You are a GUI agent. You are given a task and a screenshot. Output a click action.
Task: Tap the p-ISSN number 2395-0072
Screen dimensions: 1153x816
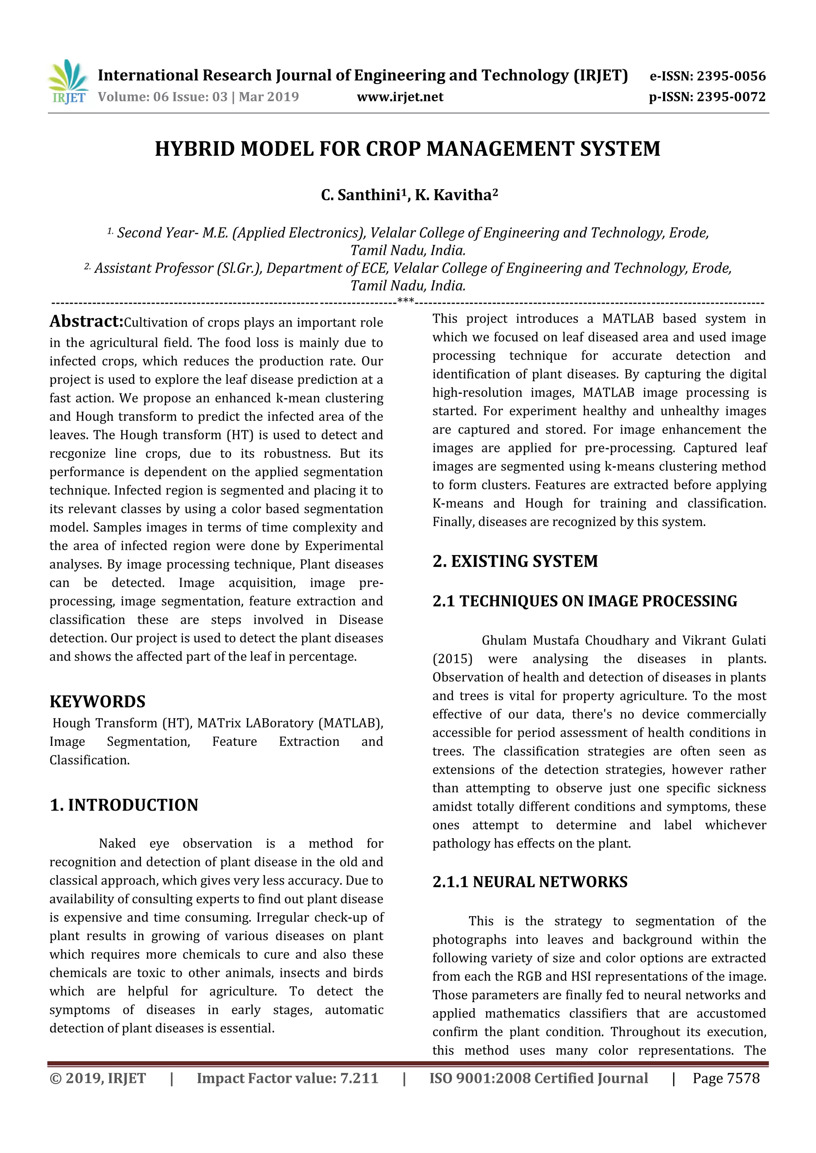click(731, 97)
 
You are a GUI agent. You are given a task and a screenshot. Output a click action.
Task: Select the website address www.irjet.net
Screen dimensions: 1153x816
click(400, 97)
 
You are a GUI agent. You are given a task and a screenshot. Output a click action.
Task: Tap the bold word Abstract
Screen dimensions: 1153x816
click(86, 321)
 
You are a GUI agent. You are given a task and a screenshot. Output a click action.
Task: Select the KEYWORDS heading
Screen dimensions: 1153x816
click(98, 702)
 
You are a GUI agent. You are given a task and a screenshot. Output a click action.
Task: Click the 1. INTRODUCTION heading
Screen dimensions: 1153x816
click(124, 805)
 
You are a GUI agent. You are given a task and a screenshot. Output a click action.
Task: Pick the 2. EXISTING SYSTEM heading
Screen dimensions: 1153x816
click(515, 561)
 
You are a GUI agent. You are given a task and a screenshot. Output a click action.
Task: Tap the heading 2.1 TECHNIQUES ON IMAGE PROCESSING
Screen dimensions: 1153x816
click(585, 601)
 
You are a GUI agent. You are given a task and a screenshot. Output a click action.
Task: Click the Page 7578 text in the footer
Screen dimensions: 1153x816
click(726, 1078)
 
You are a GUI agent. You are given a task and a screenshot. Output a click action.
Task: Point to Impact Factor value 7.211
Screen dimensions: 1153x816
click(287, 1078)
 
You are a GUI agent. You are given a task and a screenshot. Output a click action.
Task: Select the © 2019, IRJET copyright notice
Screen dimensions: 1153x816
click(98, 1078)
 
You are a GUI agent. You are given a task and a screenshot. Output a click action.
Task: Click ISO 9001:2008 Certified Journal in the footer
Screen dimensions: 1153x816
click(538, 1078)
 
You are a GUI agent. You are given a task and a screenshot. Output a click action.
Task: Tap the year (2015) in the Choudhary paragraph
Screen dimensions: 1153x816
click(452, 659)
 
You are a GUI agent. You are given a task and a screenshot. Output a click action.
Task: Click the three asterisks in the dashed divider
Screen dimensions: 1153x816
click(406, 301)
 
